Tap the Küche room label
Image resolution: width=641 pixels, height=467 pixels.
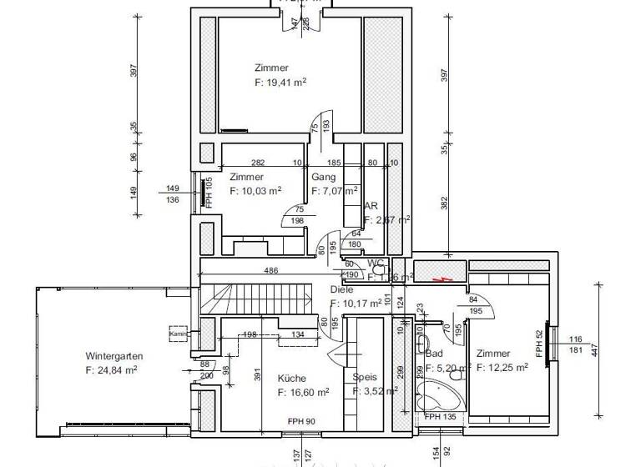click(292, 378)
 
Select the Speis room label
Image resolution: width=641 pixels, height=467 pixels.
click(365, 377)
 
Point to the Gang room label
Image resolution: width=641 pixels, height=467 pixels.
click(324, 177)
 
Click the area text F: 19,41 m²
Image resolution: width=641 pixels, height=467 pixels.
click(280, 83)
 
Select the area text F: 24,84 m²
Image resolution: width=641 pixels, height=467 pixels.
click(112, 369)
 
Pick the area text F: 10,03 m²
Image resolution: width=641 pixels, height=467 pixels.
click(255, 191)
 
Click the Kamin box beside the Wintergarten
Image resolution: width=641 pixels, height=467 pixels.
click(179, 334)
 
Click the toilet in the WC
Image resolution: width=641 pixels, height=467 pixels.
click(379, 270)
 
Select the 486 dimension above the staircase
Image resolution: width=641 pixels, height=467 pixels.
click(271, 271)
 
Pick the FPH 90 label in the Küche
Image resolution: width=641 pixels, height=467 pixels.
click(300, 421)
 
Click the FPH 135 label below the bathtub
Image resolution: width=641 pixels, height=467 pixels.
click(439, 416)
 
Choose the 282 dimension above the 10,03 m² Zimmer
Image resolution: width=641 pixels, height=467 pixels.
click(259, 163)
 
